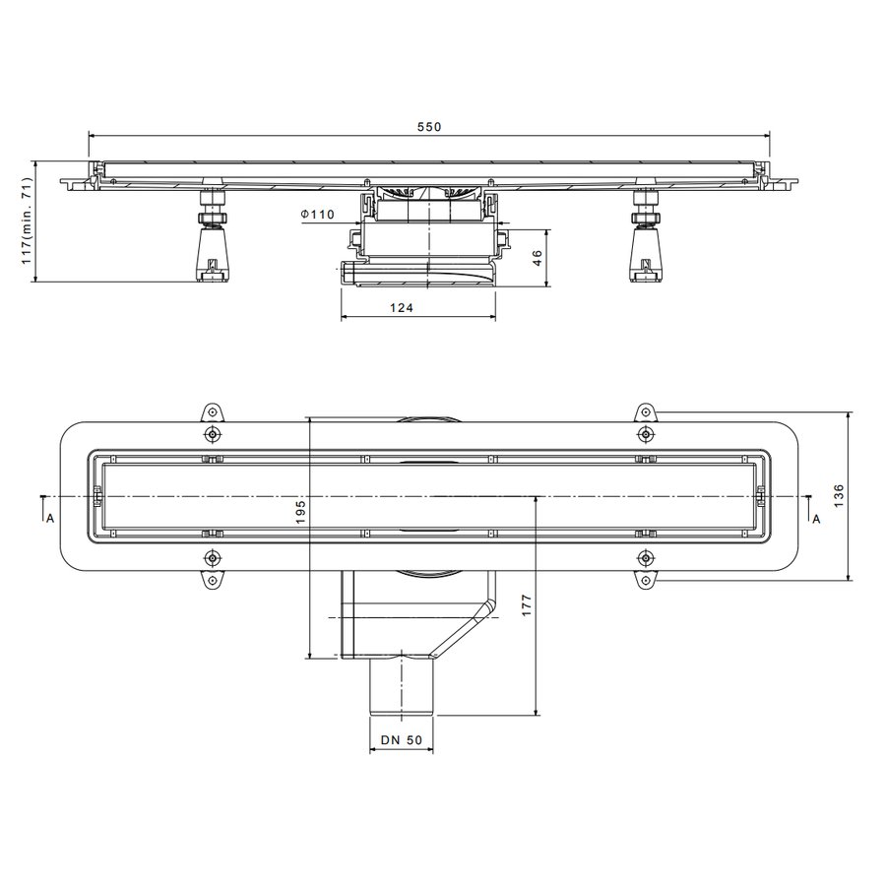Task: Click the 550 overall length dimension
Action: (429, 127)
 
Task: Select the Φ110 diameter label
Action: (318, 215)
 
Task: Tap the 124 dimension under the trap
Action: (402, 307)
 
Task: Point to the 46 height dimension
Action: (538, 258)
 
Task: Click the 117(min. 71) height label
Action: (27, 221)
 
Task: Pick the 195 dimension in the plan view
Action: (300, 511)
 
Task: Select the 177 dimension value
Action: (528, 605)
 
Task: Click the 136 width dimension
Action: (839, 495)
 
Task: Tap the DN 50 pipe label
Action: (402, 740)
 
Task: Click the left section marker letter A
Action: (50, 518)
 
